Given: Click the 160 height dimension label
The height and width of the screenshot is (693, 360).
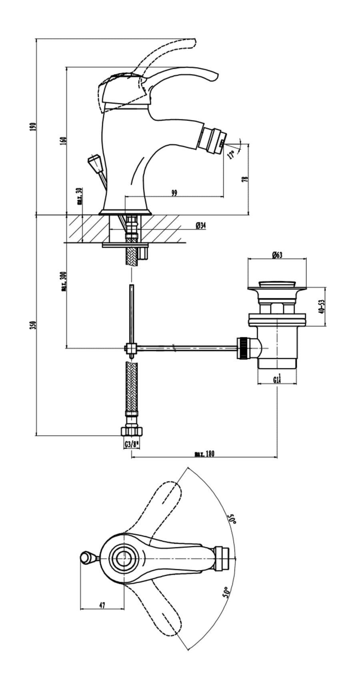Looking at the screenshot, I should pyautogui.click(x=63, y=140).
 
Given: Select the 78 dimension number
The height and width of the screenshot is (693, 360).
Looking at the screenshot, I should pyautogui.click(x=245, y=179).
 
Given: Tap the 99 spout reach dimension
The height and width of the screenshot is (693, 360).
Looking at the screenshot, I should pyautogui.click(x=174, y=193).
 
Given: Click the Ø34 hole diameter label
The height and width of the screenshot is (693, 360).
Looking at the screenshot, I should pyautogui.click(x=200, y=226).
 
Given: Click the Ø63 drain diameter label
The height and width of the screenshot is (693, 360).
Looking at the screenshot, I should pyautogui.click(x=277, y=255).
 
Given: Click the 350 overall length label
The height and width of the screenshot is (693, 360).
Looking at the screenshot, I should pyautogui.click(x=34, y=325).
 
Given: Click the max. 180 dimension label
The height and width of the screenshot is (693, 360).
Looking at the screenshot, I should pyautogui.click(x=204, y=454).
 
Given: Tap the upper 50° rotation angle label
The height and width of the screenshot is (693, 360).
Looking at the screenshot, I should pyautogui.click(x=232, y=519).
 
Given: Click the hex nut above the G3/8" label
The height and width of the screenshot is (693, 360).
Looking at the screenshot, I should pyautogui.click(x=132, y=431).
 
